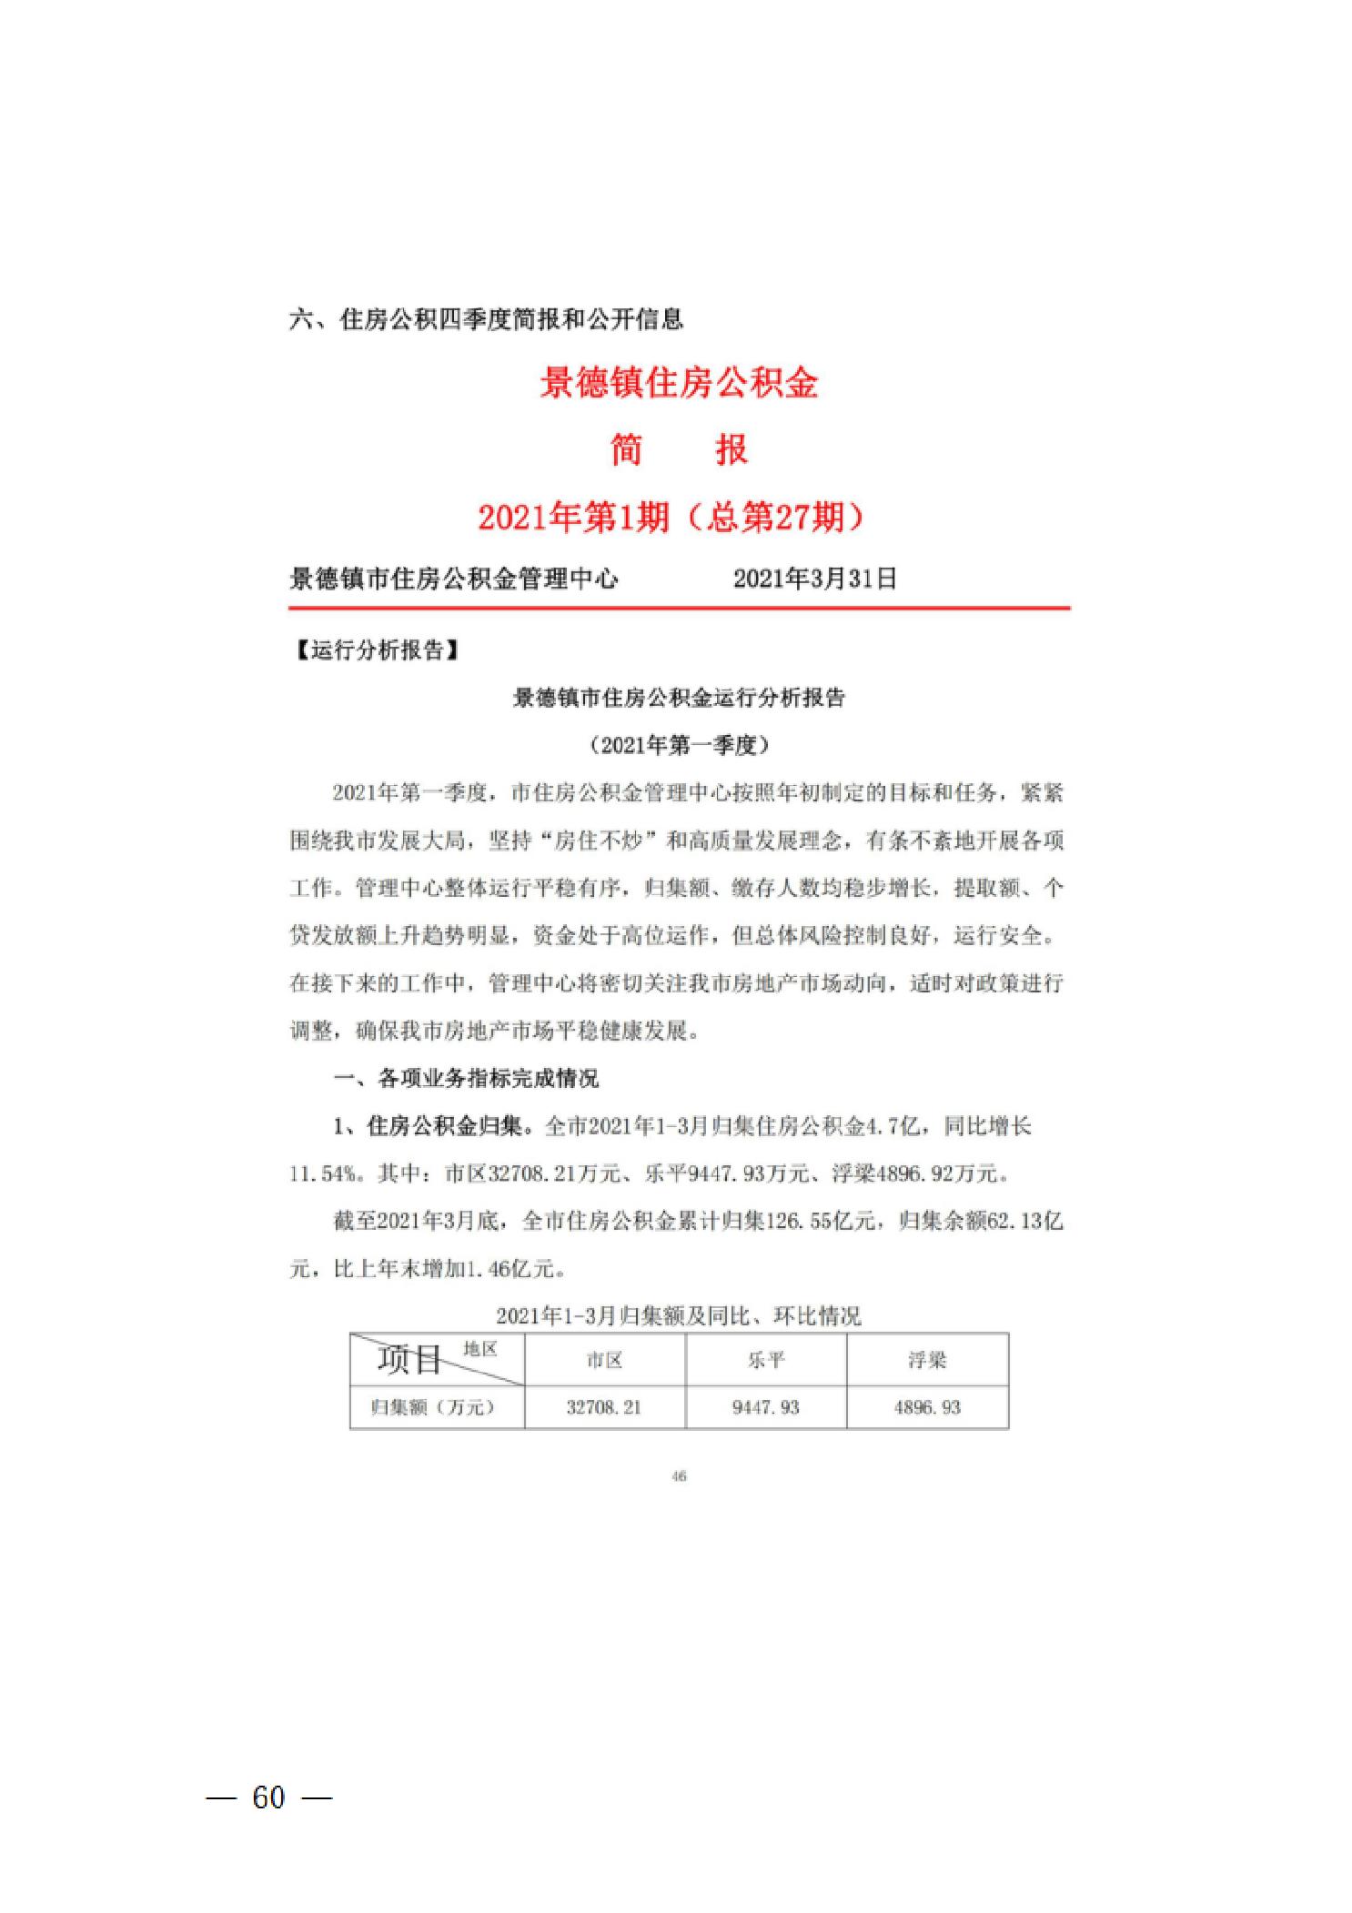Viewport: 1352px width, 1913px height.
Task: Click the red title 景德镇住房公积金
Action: coord(679,383)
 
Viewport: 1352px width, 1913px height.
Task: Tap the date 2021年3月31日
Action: coord(814,579)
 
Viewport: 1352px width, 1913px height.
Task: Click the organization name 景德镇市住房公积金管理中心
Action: coord(453,579)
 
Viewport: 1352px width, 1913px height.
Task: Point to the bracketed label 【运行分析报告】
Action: coord(375,651)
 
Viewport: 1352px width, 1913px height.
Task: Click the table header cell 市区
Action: coord(604,1360)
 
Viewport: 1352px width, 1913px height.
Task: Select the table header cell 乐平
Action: coord(765,1360)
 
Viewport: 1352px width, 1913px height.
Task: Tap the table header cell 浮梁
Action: coord(927,1360)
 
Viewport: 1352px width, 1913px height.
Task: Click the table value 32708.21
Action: coord(604,1407)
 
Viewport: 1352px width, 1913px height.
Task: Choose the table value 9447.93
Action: coord(765,1407)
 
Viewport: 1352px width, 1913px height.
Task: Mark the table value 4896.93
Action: coord(927,1407)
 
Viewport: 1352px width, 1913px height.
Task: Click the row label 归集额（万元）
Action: coord(433,1407)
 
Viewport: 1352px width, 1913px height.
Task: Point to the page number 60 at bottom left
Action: coord(268,1797)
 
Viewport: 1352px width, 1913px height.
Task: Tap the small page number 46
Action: coord(679,1476)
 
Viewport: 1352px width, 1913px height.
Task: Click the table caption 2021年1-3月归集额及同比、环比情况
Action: coord(679,1316)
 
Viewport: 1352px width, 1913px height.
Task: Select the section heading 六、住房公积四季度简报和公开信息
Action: coord(486,319)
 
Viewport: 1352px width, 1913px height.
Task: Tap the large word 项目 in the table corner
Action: coord(409,1361)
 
